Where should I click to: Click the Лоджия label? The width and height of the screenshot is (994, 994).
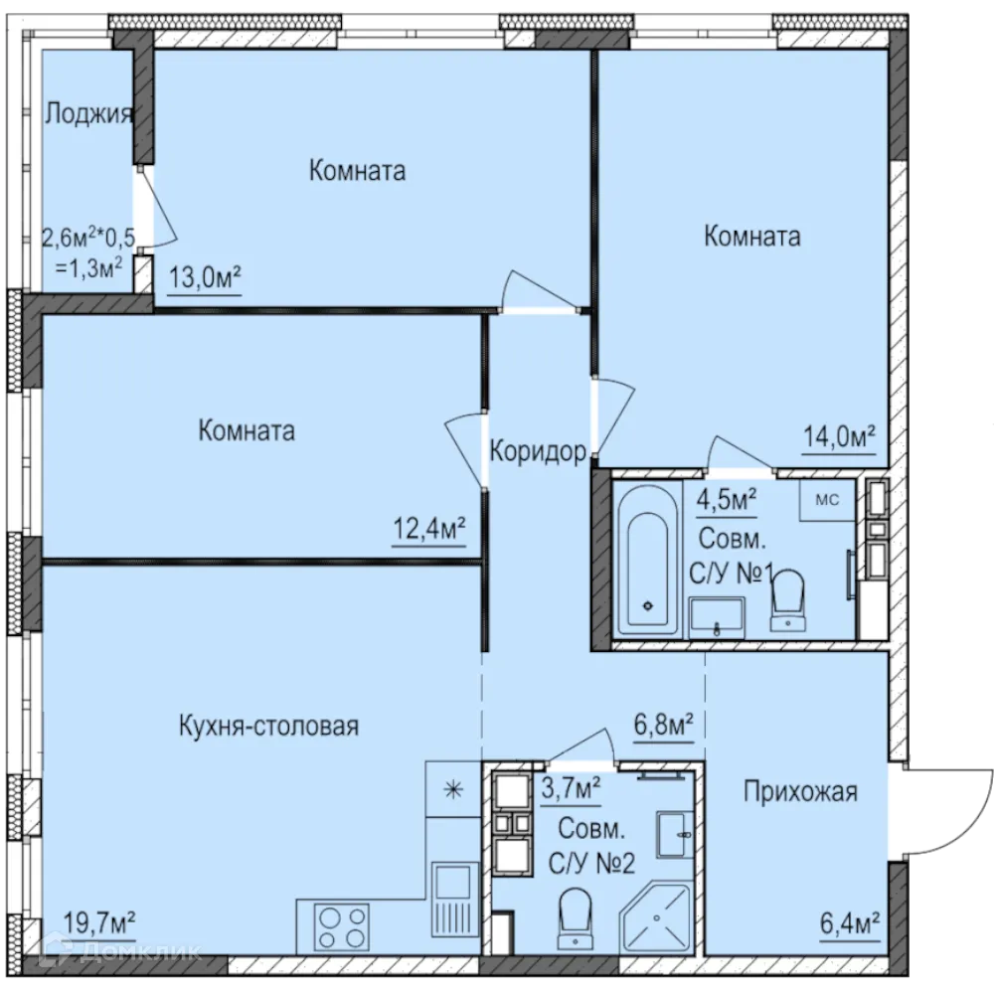(88, 114)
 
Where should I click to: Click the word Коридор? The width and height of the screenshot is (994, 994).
(538, 452)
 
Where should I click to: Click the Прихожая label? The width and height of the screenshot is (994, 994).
(800, 791)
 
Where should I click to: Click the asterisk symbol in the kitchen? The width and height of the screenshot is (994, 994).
(453, 790)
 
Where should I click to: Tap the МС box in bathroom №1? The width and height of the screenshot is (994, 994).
(827, 500)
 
